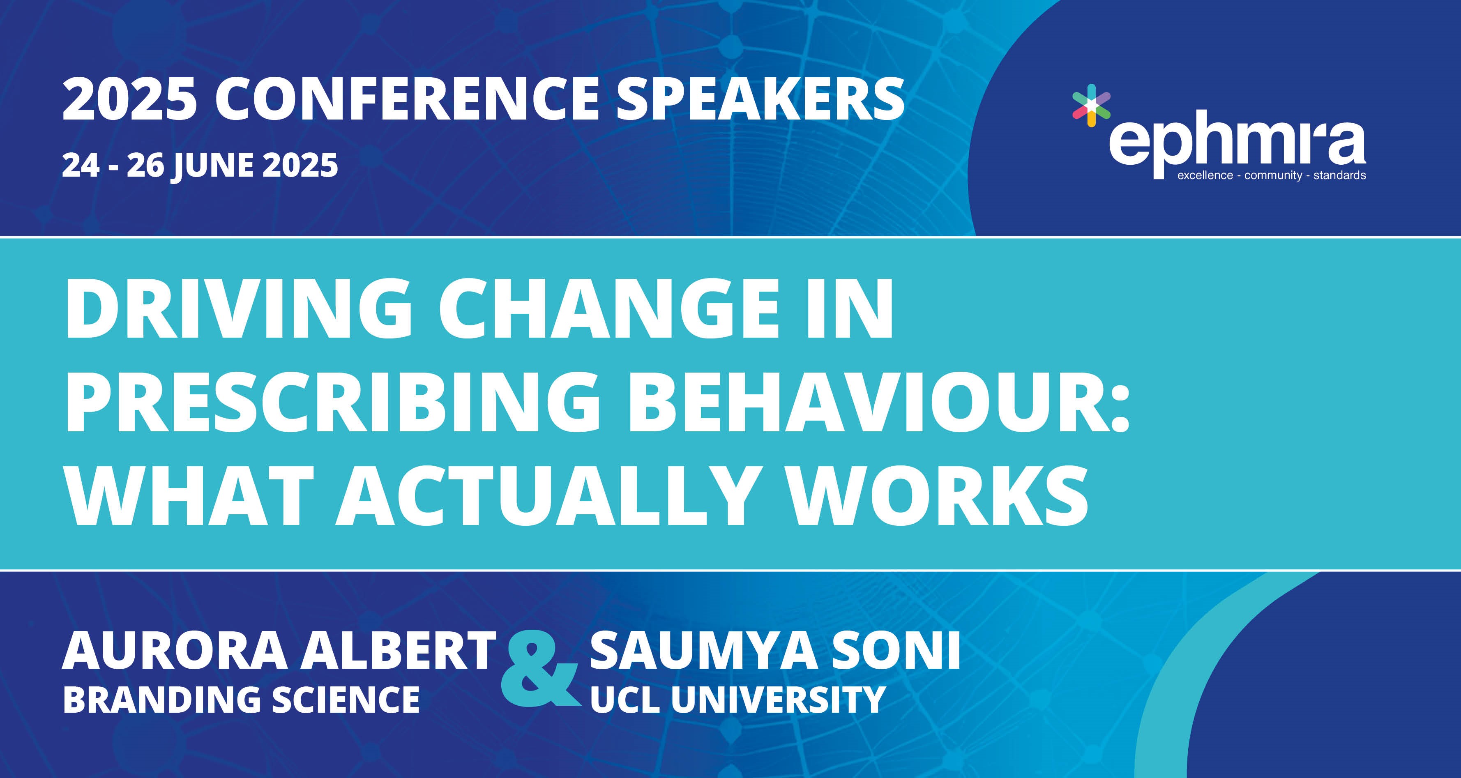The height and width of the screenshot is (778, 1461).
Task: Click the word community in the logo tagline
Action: pos(1273,176)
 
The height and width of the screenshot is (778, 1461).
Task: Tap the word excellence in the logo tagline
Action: pos(1205,176)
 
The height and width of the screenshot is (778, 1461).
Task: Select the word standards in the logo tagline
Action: pos(1340,176)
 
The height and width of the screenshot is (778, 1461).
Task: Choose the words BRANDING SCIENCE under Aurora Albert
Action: pos(241,699)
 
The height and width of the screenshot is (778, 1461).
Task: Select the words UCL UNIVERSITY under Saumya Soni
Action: pos(737,699)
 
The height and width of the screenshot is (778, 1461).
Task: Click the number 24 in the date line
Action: pos(81,166)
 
